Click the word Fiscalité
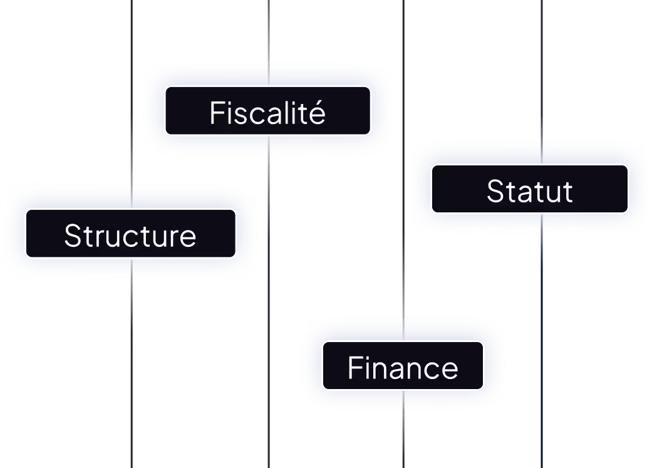pos(267,113)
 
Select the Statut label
pos(529,191)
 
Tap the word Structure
pos(130,236)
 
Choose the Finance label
pos(403,368)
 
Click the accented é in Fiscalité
pos(318,113)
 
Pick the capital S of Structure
pos(72,236)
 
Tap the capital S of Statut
pos(495,191)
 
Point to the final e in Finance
pos(450,370)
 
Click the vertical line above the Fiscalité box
pos(269,31)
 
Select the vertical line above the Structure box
pos(132,94)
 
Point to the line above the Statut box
pos(541,69)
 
